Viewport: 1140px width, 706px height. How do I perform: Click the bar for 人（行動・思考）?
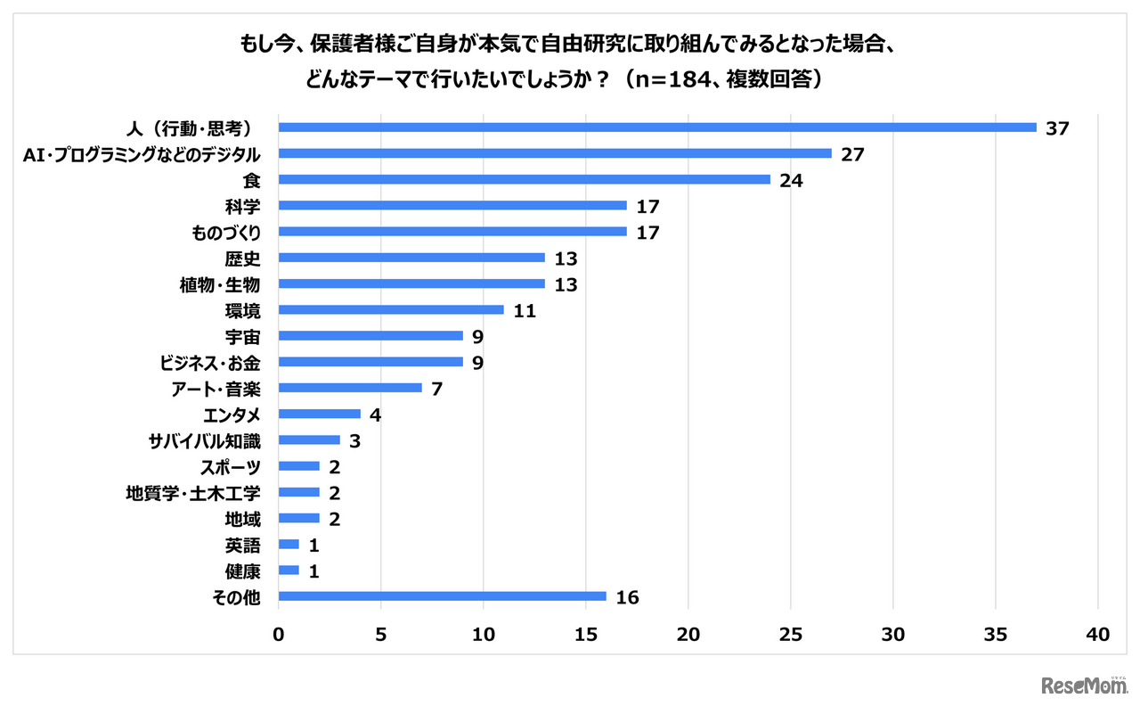point(657,127)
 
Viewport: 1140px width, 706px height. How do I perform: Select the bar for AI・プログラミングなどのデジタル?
point(555,153)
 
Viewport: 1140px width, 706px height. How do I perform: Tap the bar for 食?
point(524,179)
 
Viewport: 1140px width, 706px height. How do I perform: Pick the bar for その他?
point(442,596)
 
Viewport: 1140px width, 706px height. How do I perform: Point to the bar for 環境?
point(391,309)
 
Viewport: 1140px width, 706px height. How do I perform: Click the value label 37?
point(1057,127)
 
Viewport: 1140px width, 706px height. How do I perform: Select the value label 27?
point(852,153)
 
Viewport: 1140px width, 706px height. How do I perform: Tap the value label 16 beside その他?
point(627,596)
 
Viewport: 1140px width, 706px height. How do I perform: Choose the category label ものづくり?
point(225,232)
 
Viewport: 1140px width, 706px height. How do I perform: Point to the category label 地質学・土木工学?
point(193,492)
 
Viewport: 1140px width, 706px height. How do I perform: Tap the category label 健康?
point(243,571)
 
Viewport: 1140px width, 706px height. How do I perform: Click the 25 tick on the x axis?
point(790,634)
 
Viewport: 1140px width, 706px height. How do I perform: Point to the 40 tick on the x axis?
point(1097,634)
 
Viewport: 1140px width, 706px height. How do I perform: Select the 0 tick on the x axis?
point(279,634)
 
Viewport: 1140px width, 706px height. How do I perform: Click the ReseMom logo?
point(1083,685)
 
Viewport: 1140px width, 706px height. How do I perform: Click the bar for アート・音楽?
point(350,388)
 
